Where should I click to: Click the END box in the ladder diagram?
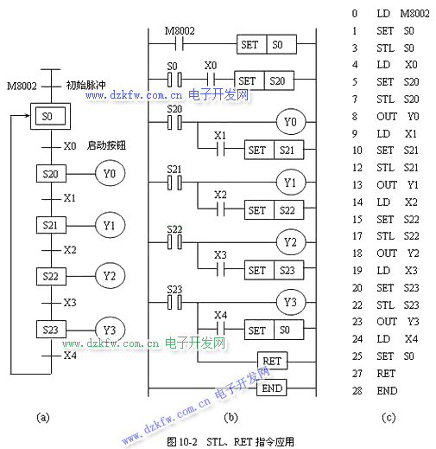coord(272,388)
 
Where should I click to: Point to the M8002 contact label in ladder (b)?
coord(180,30)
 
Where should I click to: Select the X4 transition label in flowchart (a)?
coord(70,356)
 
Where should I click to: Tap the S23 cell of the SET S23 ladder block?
coord(288,270)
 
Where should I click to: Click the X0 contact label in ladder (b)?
coord(211,66)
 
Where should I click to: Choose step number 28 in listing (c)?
coord(357,391)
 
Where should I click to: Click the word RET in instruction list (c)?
coord(386,374)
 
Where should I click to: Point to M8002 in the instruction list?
coord(414,14)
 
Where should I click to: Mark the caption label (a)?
coord(43,417)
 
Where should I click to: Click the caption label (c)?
coord(389,417)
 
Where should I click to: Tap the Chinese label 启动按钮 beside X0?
coord(106,145)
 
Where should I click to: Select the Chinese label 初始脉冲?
coord(85,85)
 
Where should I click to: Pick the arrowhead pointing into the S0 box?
coord(28,116)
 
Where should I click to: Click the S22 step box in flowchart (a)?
coord(51,276)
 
